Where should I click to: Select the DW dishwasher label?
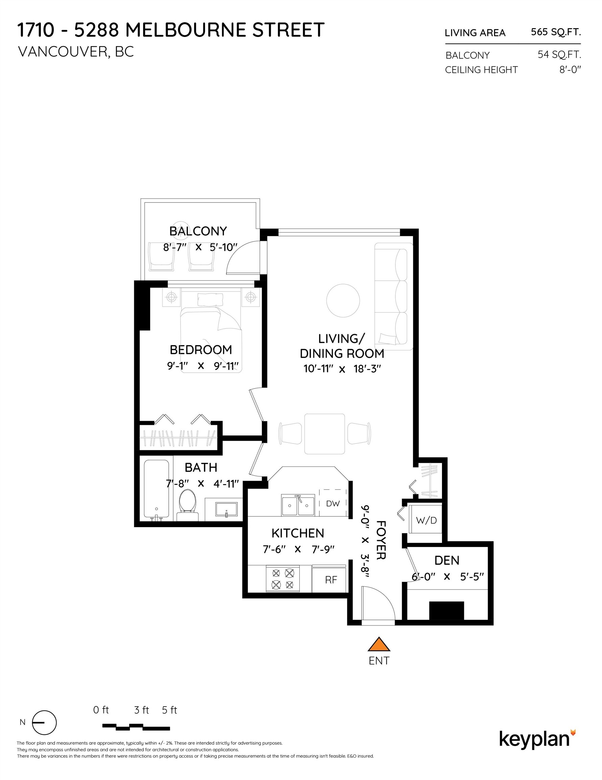332,503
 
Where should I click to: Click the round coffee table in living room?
343,300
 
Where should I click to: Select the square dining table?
324,434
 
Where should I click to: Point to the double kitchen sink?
298,505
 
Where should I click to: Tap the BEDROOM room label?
201,350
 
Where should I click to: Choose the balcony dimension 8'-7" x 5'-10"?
200,247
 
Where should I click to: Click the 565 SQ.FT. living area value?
556,32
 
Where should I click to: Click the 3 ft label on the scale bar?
141,710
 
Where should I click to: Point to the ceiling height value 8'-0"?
570,70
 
